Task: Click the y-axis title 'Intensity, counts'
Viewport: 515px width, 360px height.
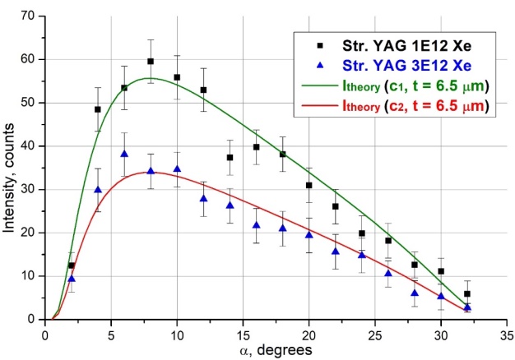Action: point(12,164)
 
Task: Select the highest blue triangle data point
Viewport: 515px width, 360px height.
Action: point(124,154)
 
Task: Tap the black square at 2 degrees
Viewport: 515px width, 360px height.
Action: point(72,265)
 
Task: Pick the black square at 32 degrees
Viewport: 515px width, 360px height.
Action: point(467,293)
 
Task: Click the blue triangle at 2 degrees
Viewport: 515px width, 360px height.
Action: point(72,279)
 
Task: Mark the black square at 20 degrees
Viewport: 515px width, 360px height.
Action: point(309,186)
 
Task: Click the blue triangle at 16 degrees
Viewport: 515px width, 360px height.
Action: point(256,225)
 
